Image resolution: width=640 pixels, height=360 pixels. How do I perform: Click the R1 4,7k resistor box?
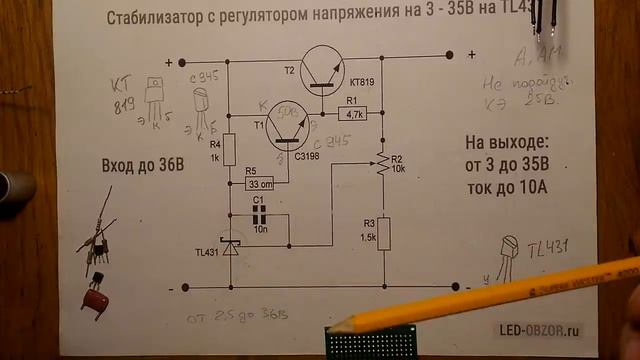click(x=354, y=115)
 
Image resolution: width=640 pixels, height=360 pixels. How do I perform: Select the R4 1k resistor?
click(x=228, y=150)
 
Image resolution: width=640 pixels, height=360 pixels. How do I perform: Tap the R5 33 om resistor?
click(x=260, y=184)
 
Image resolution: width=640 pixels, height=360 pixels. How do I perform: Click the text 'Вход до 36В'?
click(x=143, y=166)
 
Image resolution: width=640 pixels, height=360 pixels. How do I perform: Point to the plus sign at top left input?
click(x=181, y=60)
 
